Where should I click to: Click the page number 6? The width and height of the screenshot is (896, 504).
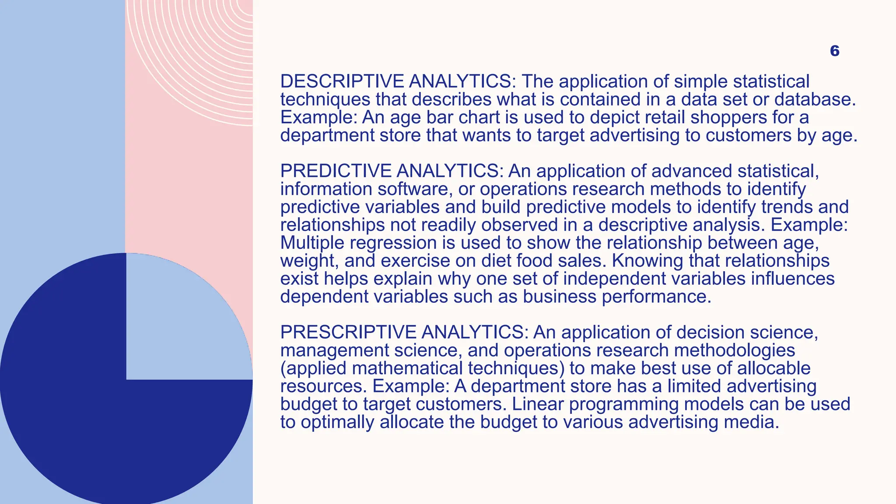click(834, 51)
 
